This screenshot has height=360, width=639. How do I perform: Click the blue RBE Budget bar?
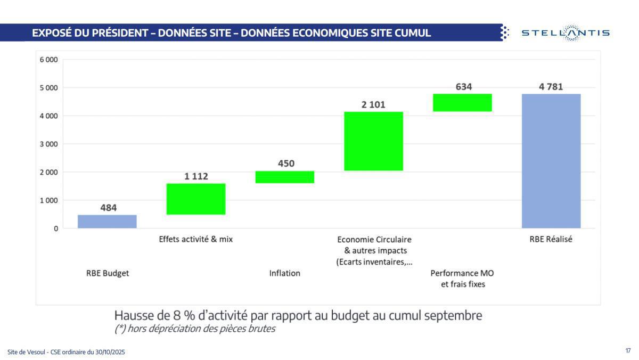point(107,222)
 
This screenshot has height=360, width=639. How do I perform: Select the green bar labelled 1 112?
point(196,199)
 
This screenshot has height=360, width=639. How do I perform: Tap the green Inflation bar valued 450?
point(285,177)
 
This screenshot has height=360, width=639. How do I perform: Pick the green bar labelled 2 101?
point(374,141)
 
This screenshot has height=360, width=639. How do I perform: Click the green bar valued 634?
point(462,102)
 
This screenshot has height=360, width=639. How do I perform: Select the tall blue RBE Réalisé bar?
point(551,161)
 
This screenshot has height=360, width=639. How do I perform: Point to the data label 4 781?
point(551,86)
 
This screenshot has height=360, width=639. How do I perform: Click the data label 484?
point(108,208)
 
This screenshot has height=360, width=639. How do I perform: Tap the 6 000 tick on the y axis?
point(48,60)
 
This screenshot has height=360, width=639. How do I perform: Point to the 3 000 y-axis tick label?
point(48,144)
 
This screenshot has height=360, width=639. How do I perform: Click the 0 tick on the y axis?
point(55,228)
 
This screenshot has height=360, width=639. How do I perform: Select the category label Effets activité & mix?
point(196,240)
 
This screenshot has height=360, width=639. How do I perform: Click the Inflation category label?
point(285,273)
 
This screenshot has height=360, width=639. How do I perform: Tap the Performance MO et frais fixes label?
point(462,279)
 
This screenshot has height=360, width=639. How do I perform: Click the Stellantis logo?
point(566,33)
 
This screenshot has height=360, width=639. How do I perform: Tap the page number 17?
point(628,350)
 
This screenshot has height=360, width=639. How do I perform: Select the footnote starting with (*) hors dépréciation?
point(195,329)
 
